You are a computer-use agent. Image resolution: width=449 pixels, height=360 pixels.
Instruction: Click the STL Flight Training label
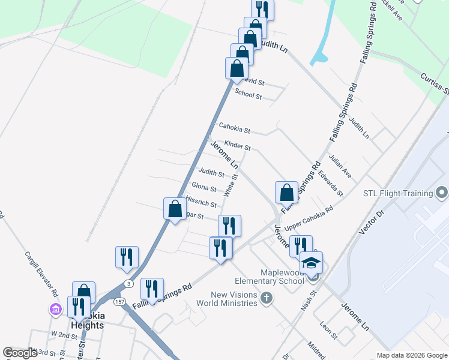398,193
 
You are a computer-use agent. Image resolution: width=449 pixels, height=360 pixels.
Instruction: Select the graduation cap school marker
311,263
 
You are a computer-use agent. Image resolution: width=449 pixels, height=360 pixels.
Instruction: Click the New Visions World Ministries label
234,298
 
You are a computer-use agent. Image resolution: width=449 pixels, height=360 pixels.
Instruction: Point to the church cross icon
267,298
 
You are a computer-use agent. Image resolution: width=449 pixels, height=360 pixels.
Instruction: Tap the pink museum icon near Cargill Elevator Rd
56,310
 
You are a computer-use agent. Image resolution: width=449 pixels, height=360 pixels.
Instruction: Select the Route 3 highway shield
128,283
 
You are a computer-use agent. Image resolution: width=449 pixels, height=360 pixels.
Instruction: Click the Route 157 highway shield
121,301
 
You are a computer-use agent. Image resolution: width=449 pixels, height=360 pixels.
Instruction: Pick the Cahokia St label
234,127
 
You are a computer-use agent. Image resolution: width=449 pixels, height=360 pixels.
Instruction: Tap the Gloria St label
204,188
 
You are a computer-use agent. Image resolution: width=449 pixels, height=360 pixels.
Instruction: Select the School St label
248,94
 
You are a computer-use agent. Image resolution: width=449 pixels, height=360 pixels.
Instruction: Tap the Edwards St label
330,185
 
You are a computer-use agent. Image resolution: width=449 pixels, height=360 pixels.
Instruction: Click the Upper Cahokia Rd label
309,219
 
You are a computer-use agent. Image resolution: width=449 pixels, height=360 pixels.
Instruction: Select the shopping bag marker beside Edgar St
175,210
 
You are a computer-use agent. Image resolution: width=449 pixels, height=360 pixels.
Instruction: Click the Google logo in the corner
20,352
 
